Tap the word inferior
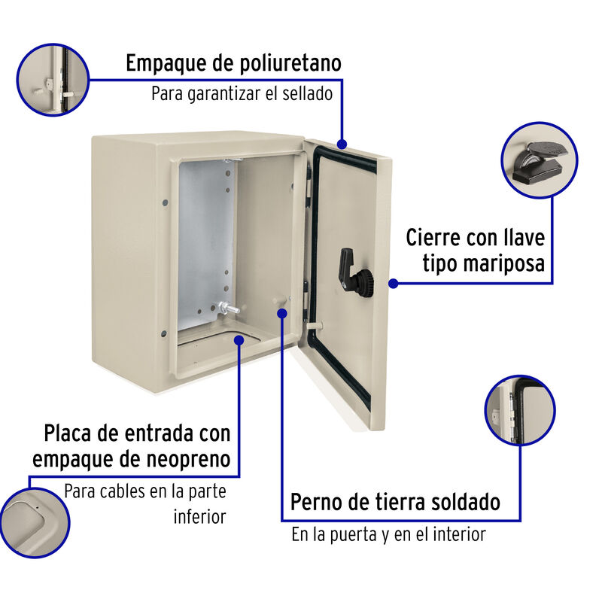pos(199,517)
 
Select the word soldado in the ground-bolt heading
pos(461,501)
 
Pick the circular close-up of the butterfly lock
pos(539,160)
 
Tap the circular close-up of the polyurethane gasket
pos(52,79)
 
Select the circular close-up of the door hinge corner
pos(519,410)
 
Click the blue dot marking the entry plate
pos(239,340)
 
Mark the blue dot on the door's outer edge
pos(392,284)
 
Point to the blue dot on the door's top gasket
pos(342,143)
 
